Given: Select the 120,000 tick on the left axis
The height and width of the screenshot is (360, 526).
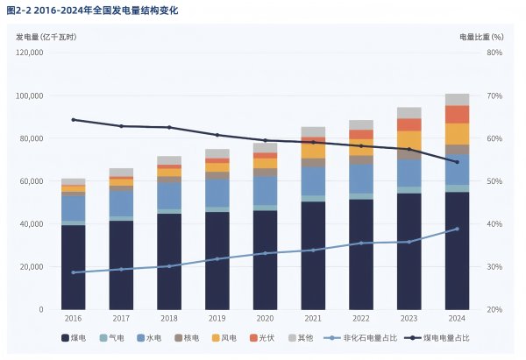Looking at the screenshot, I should [x=30, y=53].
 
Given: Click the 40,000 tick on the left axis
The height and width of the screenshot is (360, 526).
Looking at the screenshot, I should [x=32, y=224].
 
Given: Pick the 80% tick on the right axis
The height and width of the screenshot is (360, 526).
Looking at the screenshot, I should [x=494, y=53].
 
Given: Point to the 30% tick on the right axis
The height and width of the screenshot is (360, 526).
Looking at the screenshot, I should [x=494, y=267].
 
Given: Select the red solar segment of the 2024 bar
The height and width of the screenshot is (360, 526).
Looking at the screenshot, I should [x=457, y=114].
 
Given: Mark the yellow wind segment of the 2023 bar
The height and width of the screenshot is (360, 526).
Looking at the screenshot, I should [x=409, y=139].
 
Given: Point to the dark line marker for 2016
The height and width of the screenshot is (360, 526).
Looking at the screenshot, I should [x=73, y=120].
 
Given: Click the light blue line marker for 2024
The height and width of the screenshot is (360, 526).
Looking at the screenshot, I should [x=457, y=229].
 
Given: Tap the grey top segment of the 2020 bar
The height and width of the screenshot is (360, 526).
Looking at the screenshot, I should [x=265, y=148].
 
